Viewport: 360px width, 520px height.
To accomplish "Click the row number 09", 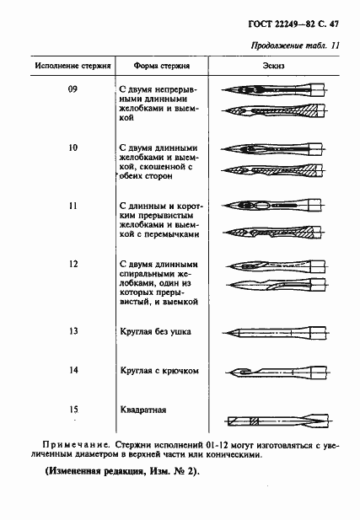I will coord(72,90).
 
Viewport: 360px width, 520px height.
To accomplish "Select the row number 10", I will coord(72,147).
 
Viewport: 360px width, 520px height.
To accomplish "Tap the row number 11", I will coord(72,206).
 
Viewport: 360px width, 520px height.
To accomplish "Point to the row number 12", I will coord(72,264).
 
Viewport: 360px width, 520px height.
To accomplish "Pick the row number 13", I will coord(72,331).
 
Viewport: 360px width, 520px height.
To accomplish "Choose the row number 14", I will coord(72,370).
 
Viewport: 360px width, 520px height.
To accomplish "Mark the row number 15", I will coord(72,410).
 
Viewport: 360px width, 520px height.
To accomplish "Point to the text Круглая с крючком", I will coord(159,370).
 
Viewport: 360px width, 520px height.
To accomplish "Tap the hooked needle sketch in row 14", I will coord(274,371).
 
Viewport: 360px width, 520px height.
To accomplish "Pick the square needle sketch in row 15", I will coord(274,420).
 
